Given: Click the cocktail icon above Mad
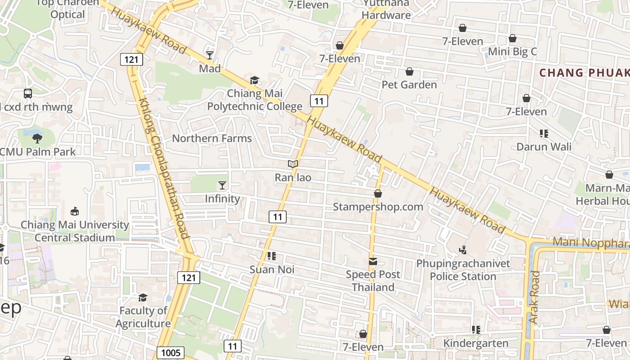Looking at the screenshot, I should click(210, 55).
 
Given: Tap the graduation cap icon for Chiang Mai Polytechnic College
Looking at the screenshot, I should click(255, 81).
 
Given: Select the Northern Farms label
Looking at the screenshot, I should click(212, 138).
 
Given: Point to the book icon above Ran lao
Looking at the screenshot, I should click(293, 164).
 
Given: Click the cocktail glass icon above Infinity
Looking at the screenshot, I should click(222, 185).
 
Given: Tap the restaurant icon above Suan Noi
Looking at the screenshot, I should click(271, 256).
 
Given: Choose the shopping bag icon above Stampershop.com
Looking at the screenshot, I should click(378, 193).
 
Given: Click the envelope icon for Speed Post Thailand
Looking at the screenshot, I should click(373, 261).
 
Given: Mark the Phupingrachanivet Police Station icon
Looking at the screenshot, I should click(463, 250).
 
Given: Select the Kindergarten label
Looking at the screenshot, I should click(476, 343).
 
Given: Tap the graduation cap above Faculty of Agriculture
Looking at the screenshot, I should click(143, 297).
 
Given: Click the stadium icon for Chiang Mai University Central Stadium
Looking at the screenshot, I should click(75, 211).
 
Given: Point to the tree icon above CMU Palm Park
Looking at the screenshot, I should click(37, 139).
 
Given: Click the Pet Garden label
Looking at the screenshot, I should click(409, 85).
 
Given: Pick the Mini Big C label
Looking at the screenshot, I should click(512, 51).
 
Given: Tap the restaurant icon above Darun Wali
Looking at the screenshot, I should click(544, 134).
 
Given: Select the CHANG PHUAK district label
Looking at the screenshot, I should click(584, 72).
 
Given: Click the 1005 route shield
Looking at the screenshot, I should click(171, 352).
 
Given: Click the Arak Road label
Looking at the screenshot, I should click(534, 297).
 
